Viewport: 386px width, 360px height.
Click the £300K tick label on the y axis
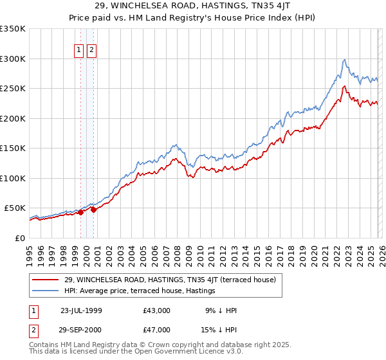tap(13, 59)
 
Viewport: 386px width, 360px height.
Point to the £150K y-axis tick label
tap(13, 148)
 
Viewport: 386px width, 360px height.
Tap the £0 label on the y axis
tap(19, 238)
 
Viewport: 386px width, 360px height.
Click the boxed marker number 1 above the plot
tap(80, 50)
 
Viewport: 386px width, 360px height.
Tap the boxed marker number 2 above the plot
tap(91, 50)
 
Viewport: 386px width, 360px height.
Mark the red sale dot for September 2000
tap(94, 210)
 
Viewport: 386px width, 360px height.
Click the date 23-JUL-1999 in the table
tap(81, 310)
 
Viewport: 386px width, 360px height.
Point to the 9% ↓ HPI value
tap(221, 310)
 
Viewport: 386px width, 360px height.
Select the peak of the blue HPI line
tap(345, 59)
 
